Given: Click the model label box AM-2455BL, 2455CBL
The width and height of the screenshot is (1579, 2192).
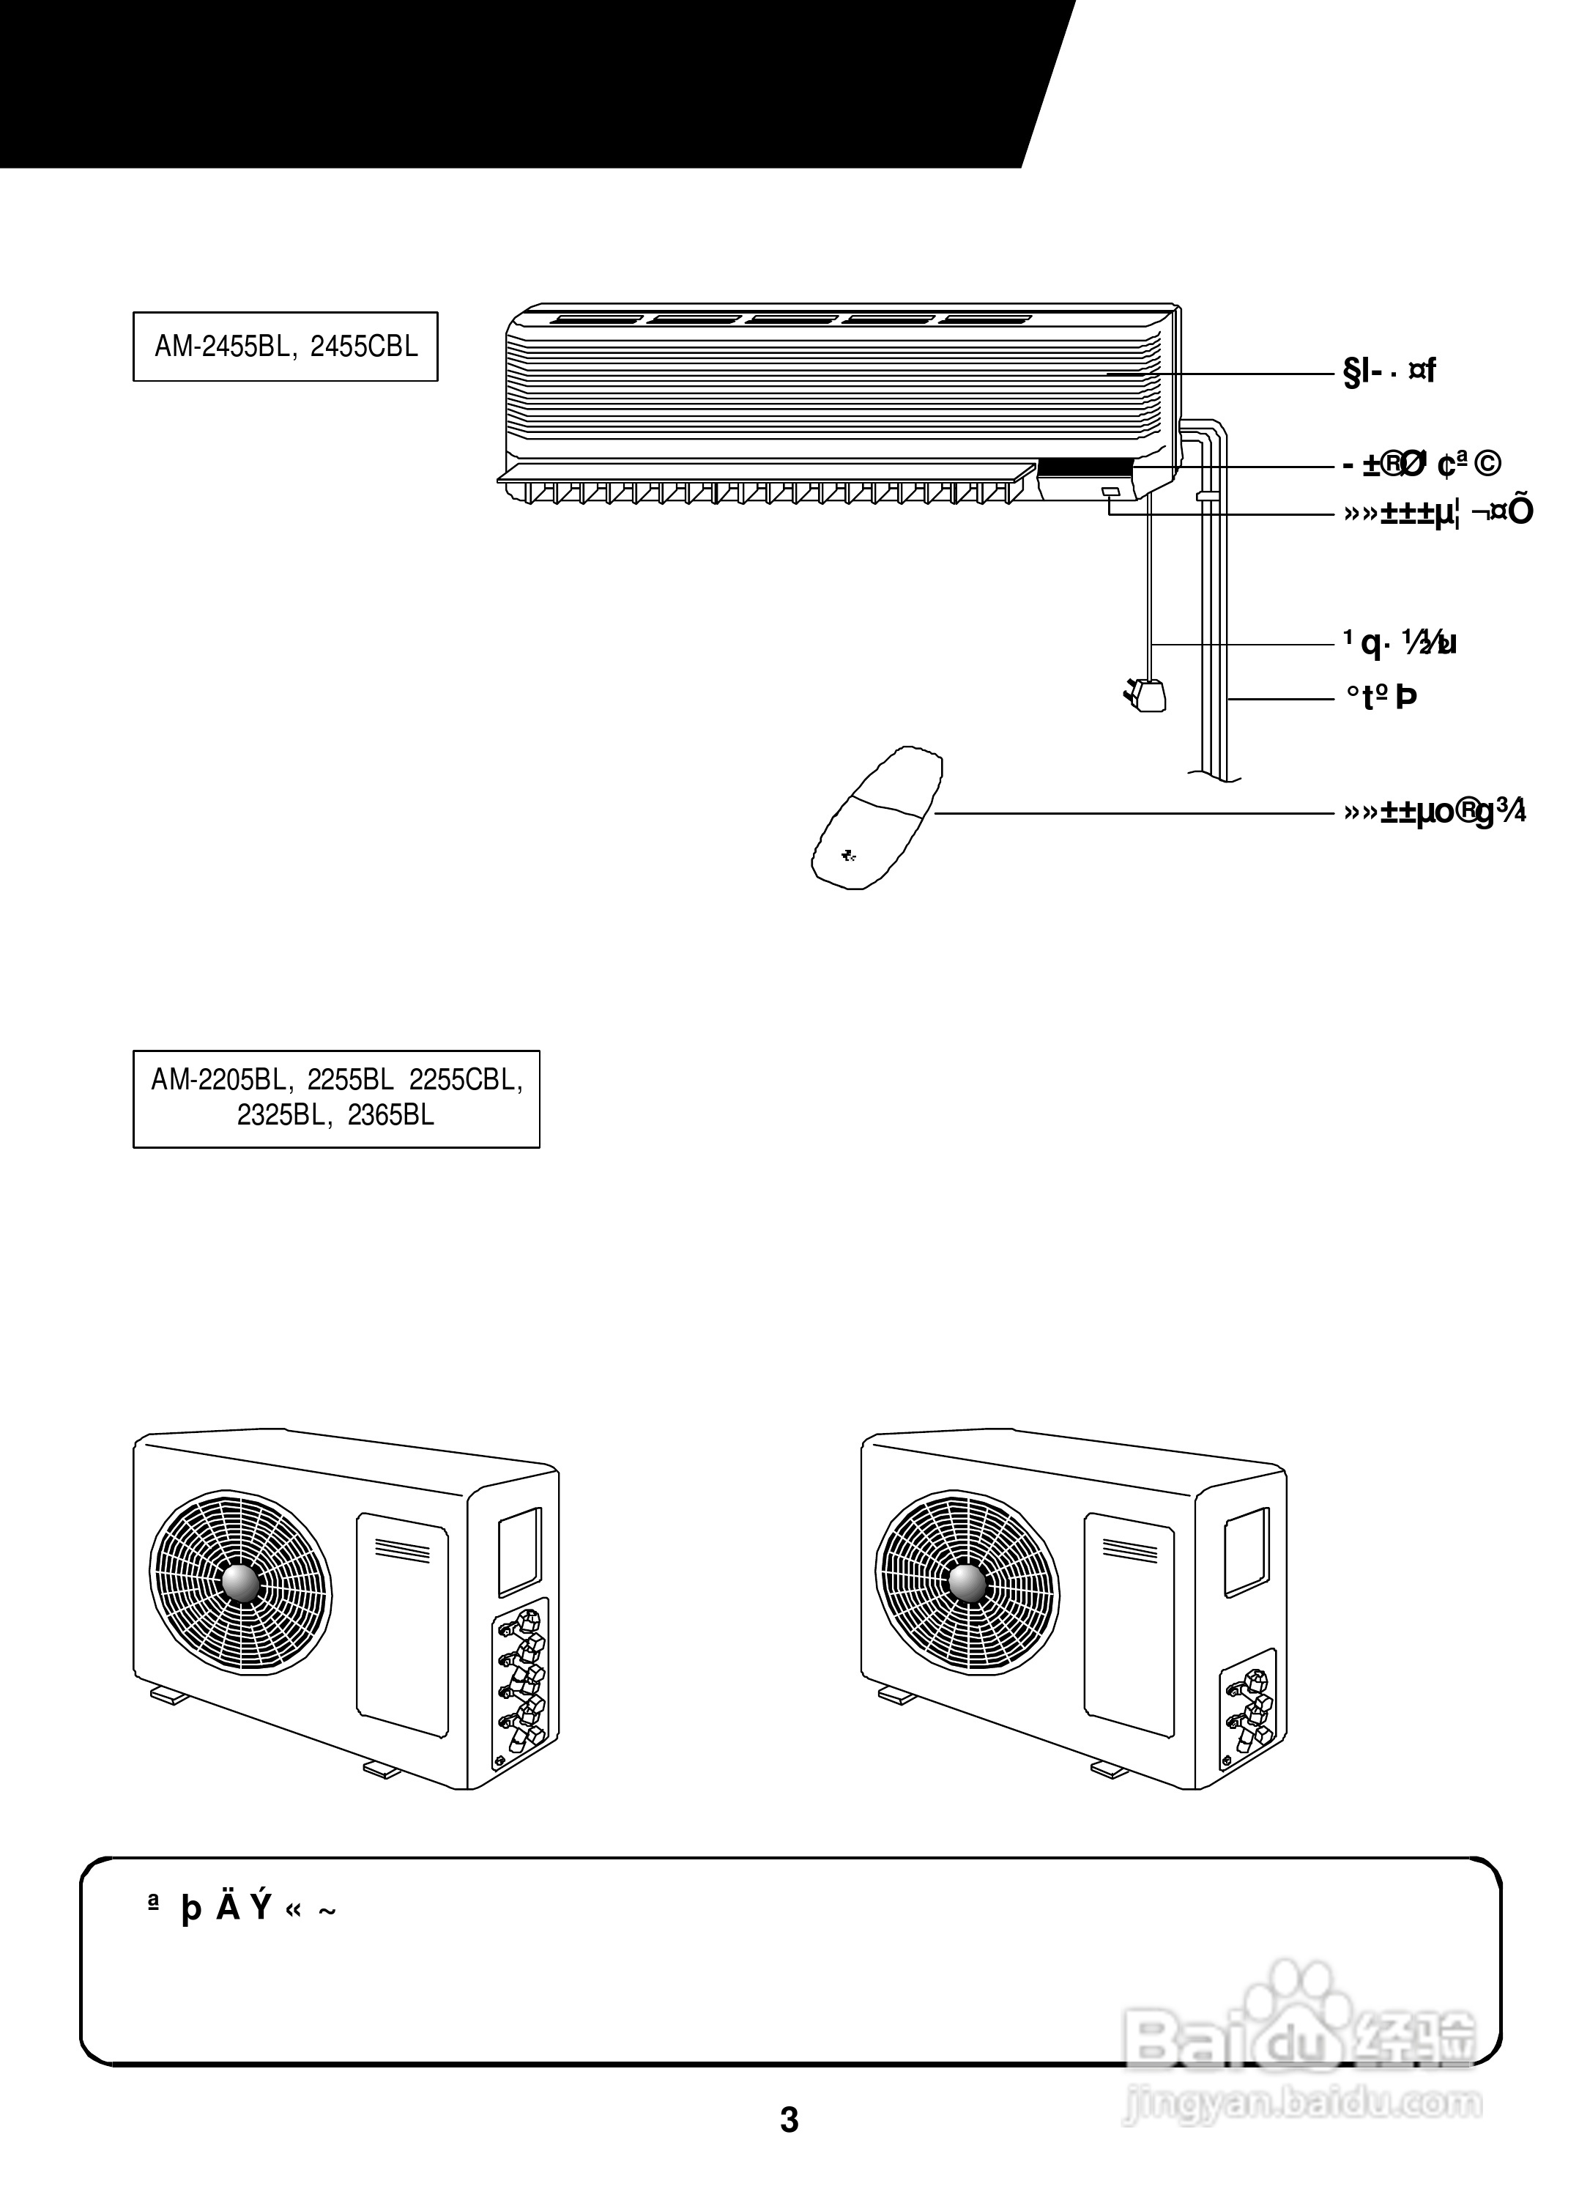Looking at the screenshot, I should pyautogui.click(x=285, y=346).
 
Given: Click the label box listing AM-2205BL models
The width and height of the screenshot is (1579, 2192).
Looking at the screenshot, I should pyautogui.click(x=336, y=1098).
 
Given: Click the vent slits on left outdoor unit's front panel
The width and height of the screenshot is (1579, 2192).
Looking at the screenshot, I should pyautogui.click(x=402, y=1549).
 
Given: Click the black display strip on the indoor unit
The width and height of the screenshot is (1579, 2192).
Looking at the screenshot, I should pyautogui.click(x=1082, y=468).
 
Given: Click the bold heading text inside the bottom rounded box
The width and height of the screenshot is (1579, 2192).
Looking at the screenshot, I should pyautogui.click(x=242, y=1908).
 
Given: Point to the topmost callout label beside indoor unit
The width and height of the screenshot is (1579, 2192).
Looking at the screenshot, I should pyautogui.click(x=1389, y=371).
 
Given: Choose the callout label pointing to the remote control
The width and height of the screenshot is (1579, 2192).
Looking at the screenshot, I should pyautogui.click(x=1434, y=812).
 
